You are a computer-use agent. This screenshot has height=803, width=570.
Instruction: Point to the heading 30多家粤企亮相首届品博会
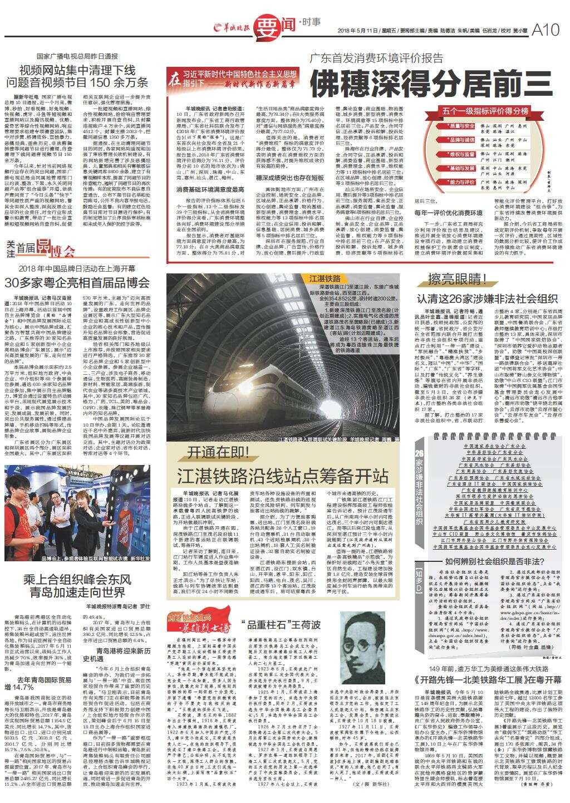[77, 282]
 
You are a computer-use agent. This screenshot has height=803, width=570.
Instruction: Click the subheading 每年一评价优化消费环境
[448, 212]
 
